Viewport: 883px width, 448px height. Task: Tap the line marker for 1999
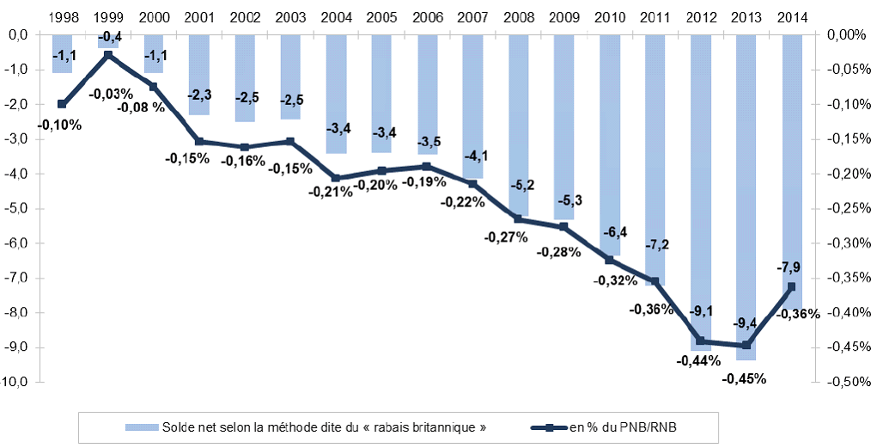(x=107, y=55)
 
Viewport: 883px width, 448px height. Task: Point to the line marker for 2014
(x=791, y=286)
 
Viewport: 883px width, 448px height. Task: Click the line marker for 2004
(x=336, y=178)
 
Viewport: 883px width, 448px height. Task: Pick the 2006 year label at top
(x=427, y=17)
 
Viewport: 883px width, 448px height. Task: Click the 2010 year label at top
(x=609, y=17)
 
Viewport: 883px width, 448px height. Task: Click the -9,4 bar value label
(x=746, y=322)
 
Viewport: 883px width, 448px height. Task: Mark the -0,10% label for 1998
(x=60, y=125)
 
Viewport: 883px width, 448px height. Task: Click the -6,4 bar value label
(x=609, y=232)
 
